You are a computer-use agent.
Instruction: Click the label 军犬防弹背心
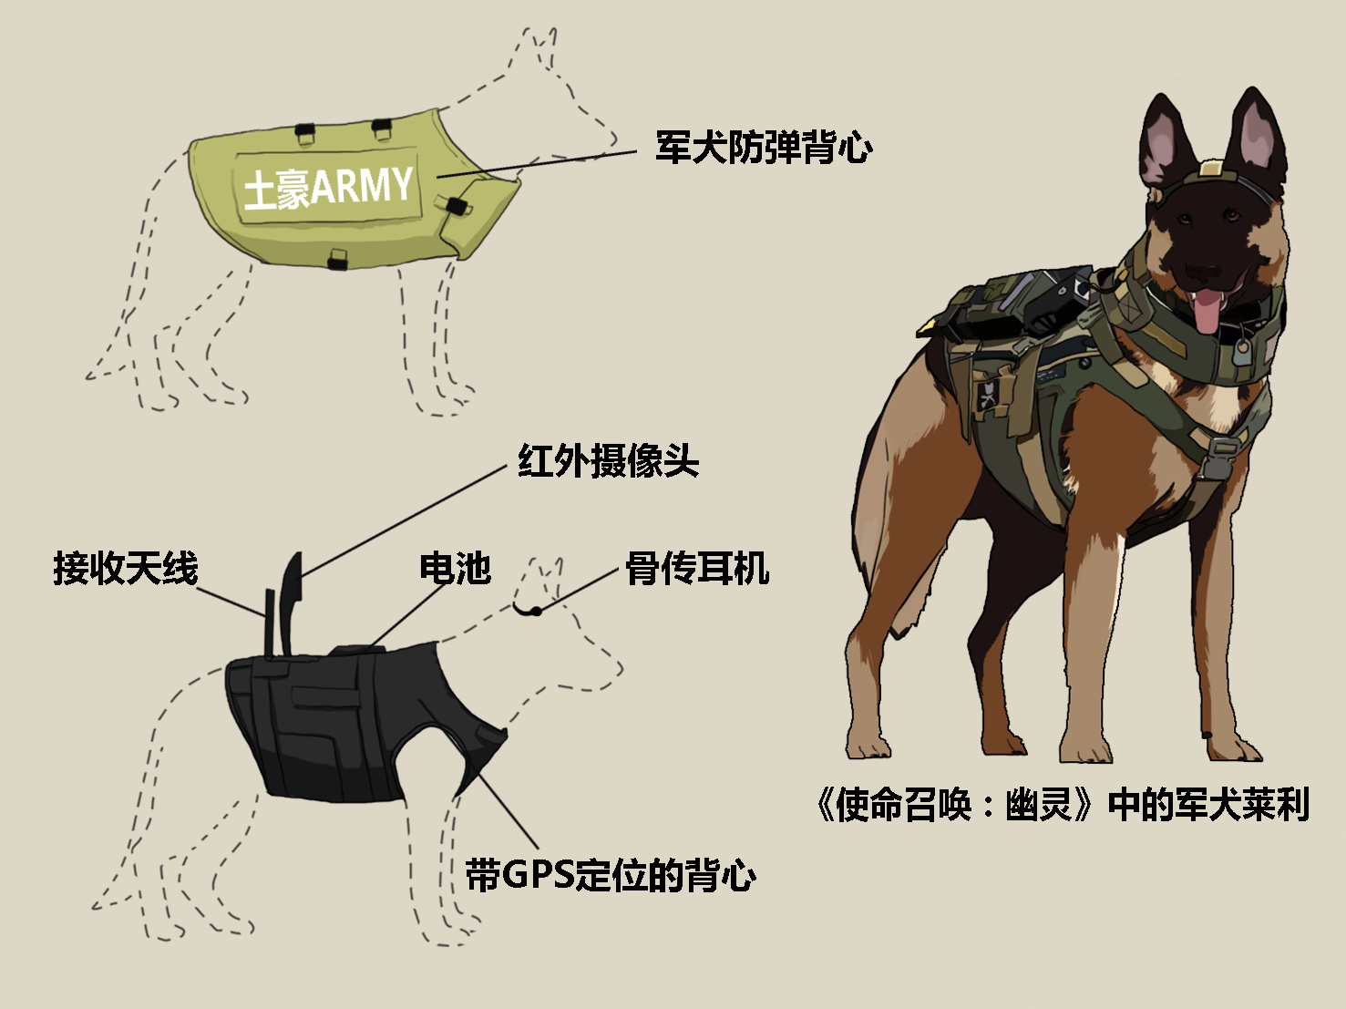[764, 148]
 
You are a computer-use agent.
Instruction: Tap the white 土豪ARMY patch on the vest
[329, 187]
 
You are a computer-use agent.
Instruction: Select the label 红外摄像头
[608, 461]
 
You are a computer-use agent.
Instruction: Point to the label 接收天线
[126, 569]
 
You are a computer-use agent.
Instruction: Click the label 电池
[455, 569]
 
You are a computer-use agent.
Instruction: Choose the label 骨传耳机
[697, 569]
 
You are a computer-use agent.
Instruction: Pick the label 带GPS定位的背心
[611, 875]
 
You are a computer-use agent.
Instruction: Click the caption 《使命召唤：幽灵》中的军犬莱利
[1062, 805]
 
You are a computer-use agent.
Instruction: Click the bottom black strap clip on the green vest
[338, 259]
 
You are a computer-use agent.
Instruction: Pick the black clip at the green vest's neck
[454, 205]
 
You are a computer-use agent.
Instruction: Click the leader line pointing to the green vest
[538, 163]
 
